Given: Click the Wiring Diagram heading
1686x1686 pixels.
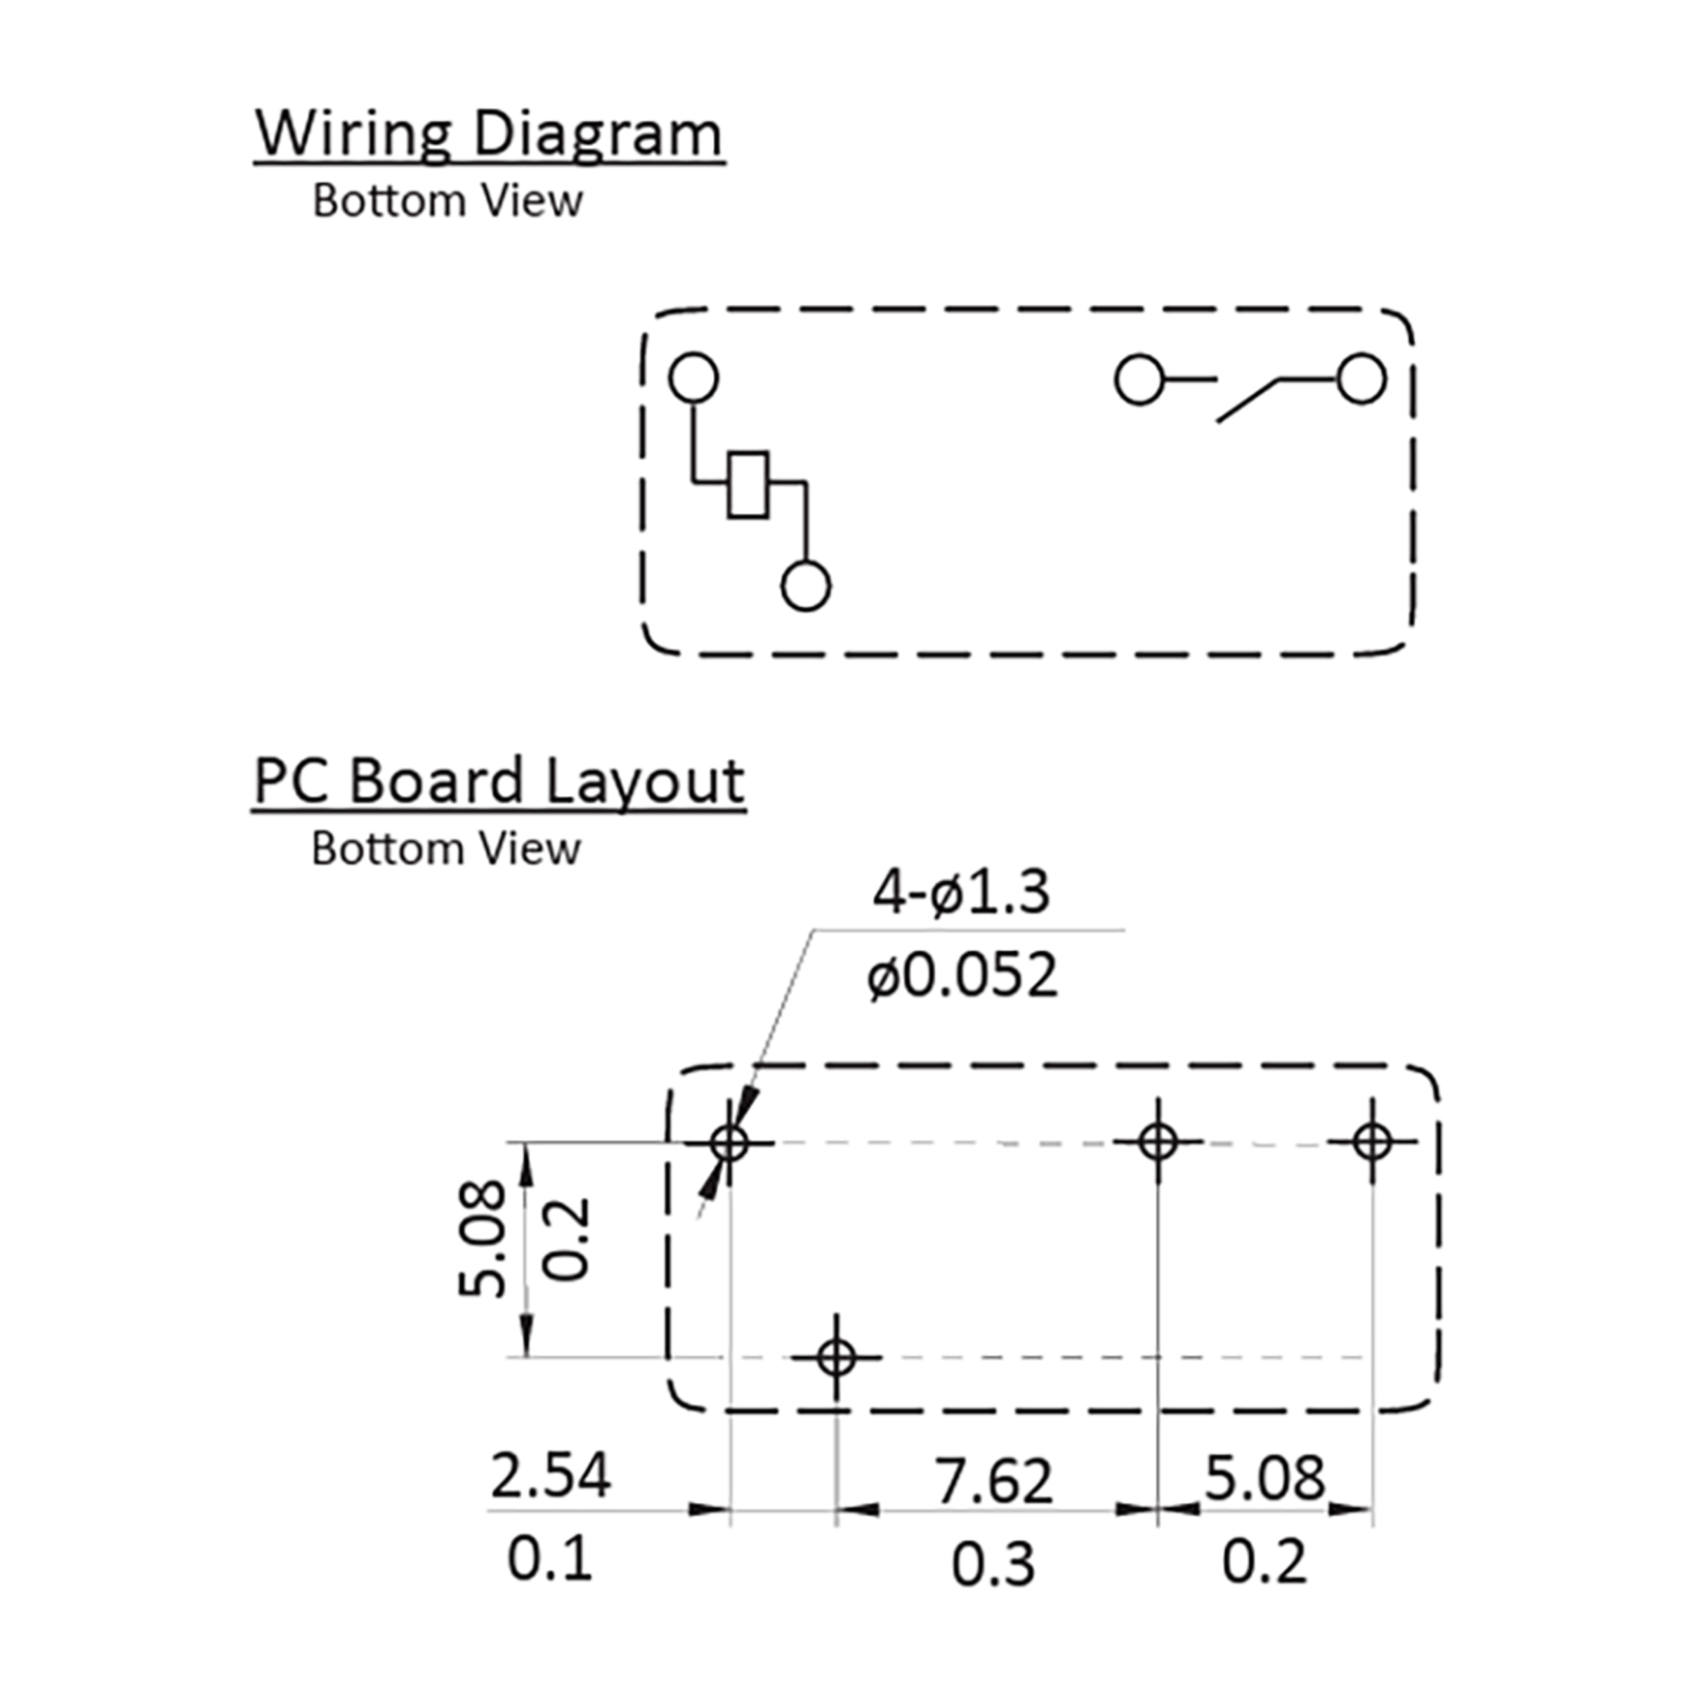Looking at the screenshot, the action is tap(489, 136).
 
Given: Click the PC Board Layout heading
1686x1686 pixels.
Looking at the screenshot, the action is tap(498, 783).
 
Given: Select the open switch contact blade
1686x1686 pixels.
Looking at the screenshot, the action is tap(1248, 401).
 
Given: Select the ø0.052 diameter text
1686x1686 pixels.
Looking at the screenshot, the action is tap(962, 975).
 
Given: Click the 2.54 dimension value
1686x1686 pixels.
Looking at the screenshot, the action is tap(551, 1475).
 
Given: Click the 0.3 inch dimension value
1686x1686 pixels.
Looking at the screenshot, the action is tap(993, 1564).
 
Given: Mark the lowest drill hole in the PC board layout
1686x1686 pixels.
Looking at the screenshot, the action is tap(836, 1358).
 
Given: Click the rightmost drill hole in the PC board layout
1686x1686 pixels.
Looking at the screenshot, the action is tap(1373, 1141).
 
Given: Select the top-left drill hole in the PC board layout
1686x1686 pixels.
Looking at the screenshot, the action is tap(730, 1142).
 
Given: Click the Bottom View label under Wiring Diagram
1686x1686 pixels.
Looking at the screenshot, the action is tap(447, 202).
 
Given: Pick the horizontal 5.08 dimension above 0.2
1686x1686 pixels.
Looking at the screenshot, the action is tap(1264, 1478).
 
